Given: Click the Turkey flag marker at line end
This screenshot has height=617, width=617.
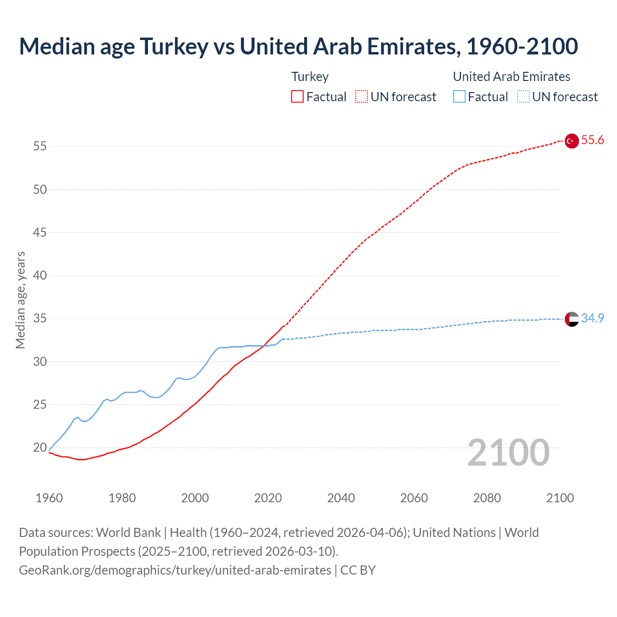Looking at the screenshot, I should [572, 141].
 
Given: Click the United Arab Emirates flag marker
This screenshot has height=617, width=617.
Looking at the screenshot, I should [572, 319].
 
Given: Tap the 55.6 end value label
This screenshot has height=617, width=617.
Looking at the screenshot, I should [592, 140].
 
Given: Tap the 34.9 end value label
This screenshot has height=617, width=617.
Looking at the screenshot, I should [592, 319].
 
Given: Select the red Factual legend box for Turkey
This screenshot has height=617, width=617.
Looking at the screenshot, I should [297, 97].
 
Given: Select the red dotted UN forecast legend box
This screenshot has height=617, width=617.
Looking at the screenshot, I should [362, 97].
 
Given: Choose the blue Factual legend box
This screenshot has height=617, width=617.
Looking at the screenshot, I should [459, 97].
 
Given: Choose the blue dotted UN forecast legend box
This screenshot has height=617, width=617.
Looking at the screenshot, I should [523, 97].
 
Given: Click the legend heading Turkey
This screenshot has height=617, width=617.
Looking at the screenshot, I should [310, 77].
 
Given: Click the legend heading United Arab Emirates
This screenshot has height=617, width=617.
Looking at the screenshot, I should [511, 77].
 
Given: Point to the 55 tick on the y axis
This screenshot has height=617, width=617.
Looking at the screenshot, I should [40, 147].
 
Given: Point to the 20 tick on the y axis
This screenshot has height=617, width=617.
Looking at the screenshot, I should [40, 448].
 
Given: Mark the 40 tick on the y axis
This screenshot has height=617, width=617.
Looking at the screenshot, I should [40, 276].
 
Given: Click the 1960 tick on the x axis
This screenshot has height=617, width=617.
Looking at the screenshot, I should [49, 498].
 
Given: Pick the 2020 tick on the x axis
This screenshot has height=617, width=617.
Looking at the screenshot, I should [268, 498].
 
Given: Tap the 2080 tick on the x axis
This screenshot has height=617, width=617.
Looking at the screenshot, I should [487, 498].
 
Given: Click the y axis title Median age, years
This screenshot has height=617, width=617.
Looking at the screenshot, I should [20, 300].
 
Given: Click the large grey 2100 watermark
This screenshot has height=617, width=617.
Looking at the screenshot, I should [508, 453].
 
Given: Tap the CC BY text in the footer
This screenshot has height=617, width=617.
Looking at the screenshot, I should [358, 570].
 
